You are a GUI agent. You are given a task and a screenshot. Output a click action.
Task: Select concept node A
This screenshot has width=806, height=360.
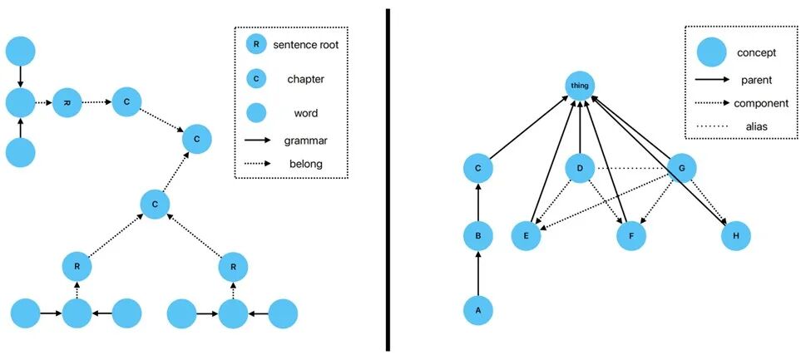click(x=477, y=310)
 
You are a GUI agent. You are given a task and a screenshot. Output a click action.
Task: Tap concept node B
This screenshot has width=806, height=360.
click(x=477, y=237)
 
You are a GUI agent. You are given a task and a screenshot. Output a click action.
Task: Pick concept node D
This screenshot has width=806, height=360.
click(x=579, y=170)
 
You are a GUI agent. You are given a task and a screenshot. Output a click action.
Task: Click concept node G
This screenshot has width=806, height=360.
click(x=682, y=170)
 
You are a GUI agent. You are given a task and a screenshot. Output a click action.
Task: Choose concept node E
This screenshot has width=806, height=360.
click(x=526, y=236)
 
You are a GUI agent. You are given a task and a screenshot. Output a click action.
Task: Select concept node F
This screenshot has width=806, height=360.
click(x=631, y=236)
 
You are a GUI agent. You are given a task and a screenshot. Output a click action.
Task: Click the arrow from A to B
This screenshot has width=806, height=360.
click(x=477, y=274)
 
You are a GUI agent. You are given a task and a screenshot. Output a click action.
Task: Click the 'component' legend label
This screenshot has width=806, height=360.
click(x=761, y=103)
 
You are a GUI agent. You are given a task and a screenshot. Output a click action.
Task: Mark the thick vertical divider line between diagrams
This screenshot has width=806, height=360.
click(x=388, y=180)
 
